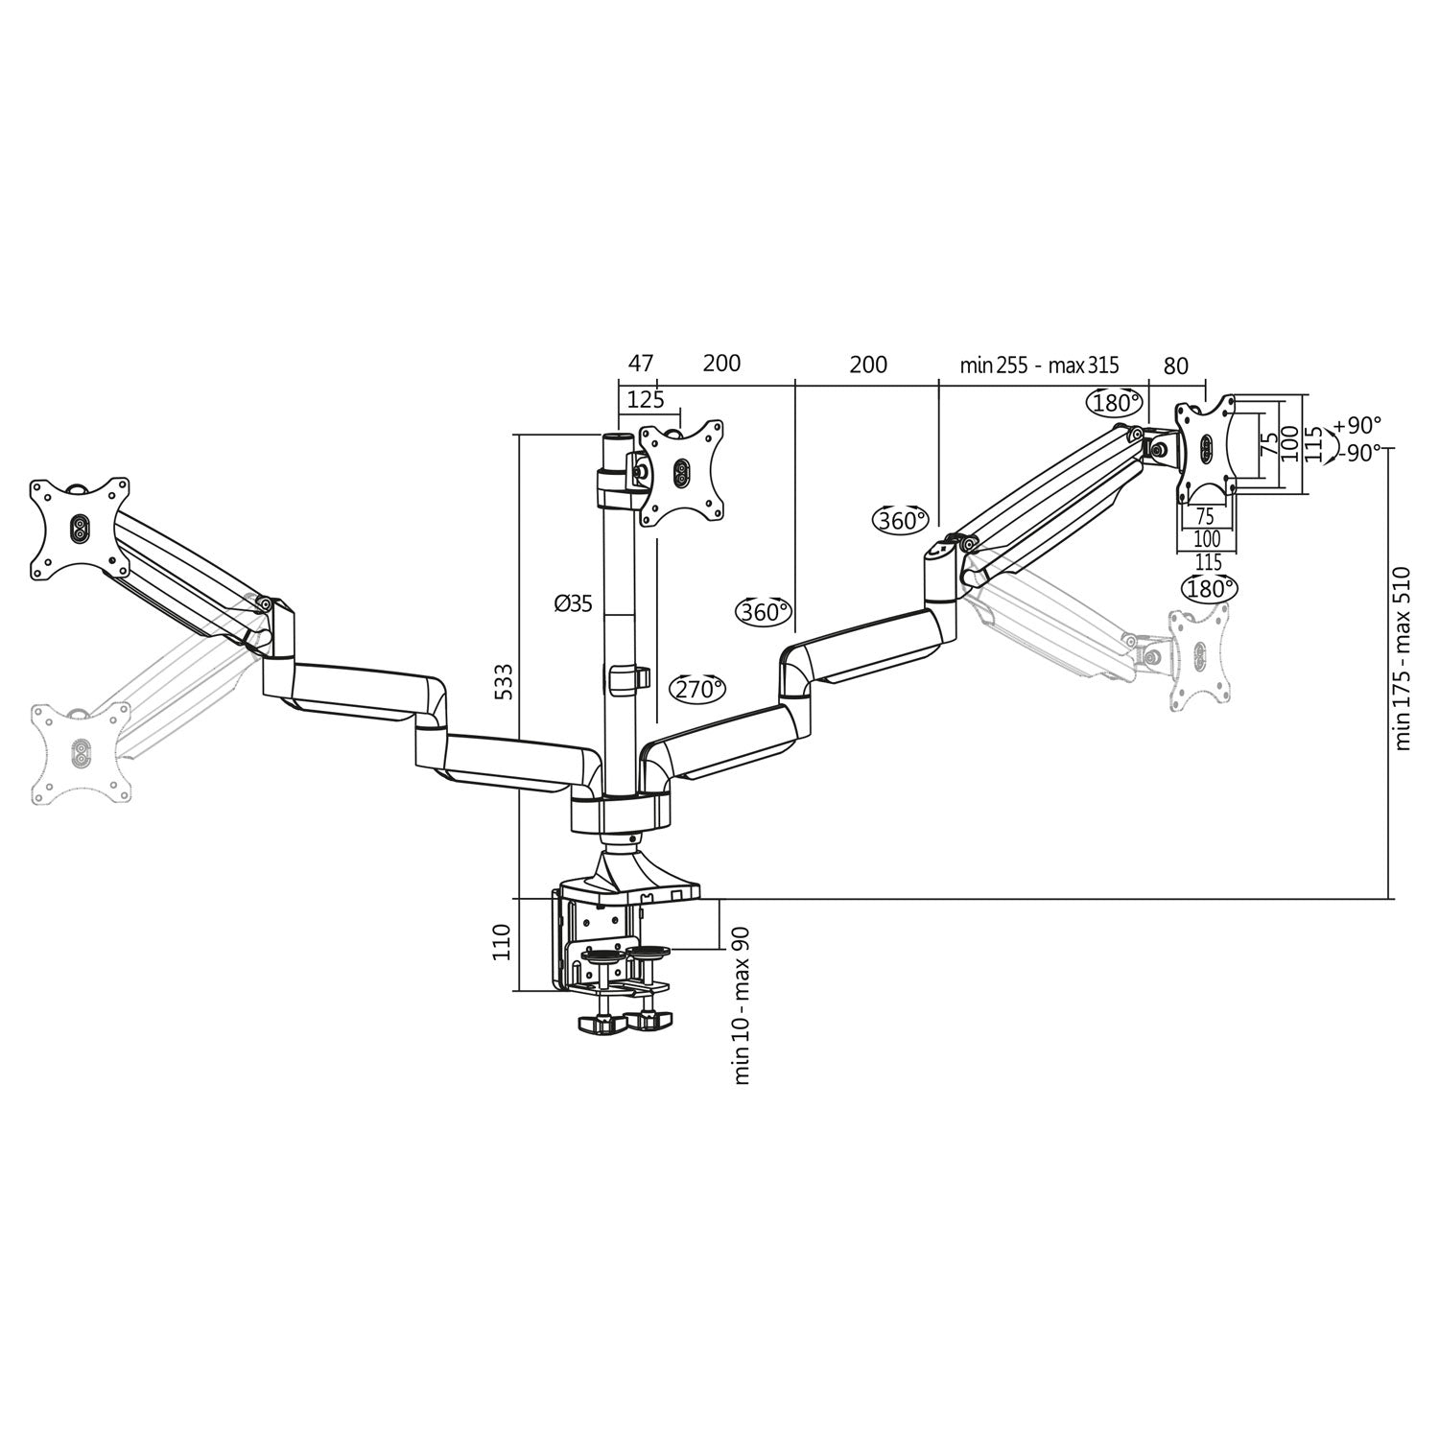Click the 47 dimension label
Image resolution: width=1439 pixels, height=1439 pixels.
(x=640, y=364)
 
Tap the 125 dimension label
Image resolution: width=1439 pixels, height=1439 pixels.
(x=645, y=398)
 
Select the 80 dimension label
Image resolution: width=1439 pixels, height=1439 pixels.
(x=1175, y=366)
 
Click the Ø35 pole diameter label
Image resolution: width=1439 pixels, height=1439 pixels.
(x=573, y=603)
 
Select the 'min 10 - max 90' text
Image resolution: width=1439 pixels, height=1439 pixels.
(x=742, y=1005)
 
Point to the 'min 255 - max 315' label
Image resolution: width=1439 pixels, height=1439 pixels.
(x=1040, y=366)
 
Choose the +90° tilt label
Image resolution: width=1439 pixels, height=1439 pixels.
(x=1357, y=424)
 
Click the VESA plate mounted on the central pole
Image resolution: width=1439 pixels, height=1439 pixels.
(x=680, y=472)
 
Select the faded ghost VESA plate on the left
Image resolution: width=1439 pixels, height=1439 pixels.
(x=81, y=751)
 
